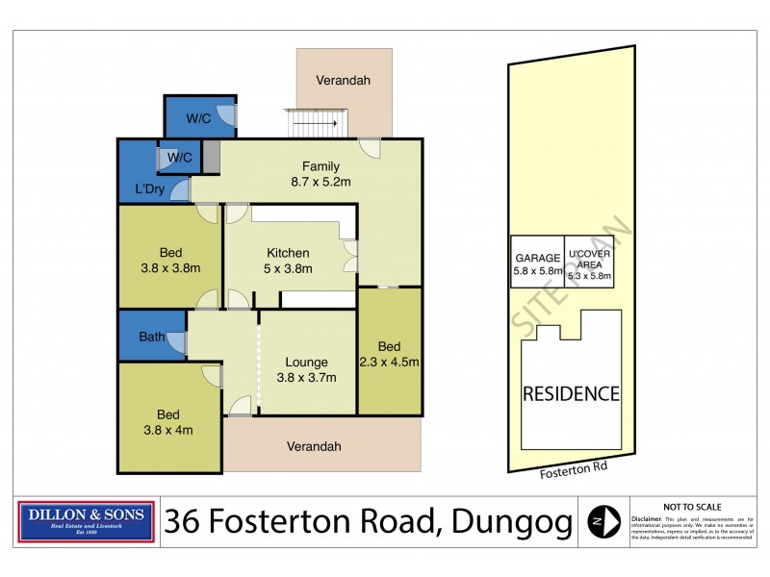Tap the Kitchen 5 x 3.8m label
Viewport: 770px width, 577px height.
click(289, 261)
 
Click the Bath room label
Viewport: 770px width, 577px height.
click(151, 338)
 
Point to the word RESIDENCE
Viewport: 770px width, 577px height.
click(570, 393)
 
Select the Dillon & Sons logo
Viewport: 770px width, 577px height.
click(86, 520)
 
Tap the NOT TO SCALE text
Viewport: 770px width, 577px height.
click(692, 506)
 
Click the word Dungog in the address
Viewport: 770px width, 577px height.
click(505, 521)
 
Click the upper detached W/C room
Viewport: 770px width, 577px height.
click(199, 118)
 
